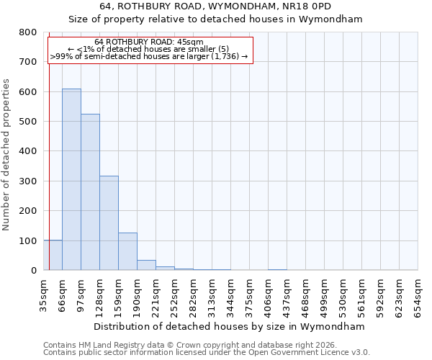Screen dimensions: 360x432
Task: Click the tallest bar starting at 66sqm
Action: [x=71, y=179]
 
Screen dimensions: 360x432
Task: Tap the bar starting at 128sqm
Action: [x=109, y=222]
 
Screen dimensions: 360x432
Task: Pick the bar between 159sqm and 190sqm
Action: [x=127, y=251]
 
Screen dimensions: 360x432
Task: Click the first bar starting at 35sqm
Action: [x=53, y=255]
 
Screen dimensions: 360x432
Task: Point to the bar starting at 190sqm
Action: [x=146, y=265]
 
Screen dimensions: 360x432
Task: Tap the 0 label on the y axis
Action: [x=34, y=271]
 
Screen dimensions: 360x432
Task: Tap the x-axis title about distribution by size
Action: [x=230, y=326]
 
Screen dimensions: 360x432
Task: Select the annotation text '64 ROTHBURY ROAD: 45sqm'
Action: [x=149, y=42]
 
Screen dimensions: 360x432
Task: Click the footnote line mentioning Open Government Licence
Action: [x=207, y=353]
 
